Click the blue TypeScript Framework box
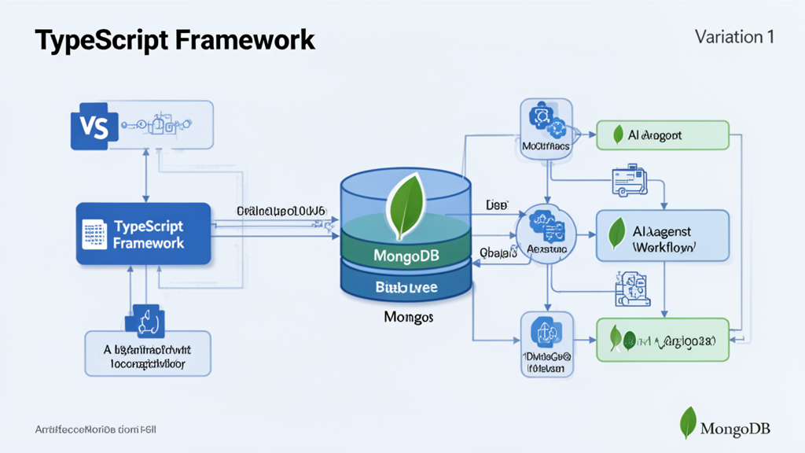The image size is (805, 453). pos(144,234)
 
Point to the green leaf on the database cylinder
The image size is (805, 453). pos(407,205)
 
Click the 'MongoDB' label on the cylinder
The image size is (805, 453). pos(406,256)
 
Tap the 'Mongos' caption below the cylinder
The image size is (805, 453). pos(408,318)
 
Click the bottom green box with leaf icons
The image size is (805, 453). pos(662,339)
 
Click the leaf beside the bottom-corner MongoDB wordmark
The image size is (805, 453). pos(688,422)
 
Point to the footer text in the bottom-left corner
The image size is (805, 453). pos(96,430)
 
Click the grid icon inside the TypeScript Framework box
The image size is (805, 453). pos(94,234)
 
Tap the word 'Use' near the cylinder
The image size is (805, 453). pos(496,204)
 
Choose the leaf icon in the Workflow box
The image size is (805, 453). pos(617,234)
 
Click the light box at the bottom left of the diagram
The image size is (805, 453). pos(147,352)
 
